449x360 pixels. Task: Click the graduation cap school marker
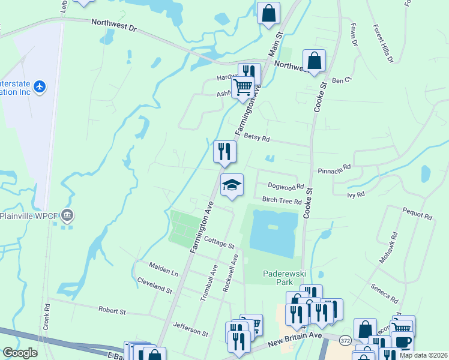[x=232, y=185]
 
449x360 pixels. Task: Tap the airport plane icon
[x=40, y=86]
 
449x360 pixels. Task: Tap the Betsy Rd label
[x=257, y=138]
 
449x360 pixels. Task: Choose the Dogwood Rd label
[x=286, y=187]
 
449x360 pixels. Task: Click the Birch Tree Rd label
[x=281, y=201]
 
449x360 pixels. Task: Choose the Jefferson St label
[x=190, y=331]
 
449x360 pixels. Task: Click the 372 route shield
[x=345, y=340]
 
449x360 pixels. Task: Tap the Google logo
[x=19, y=353]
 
